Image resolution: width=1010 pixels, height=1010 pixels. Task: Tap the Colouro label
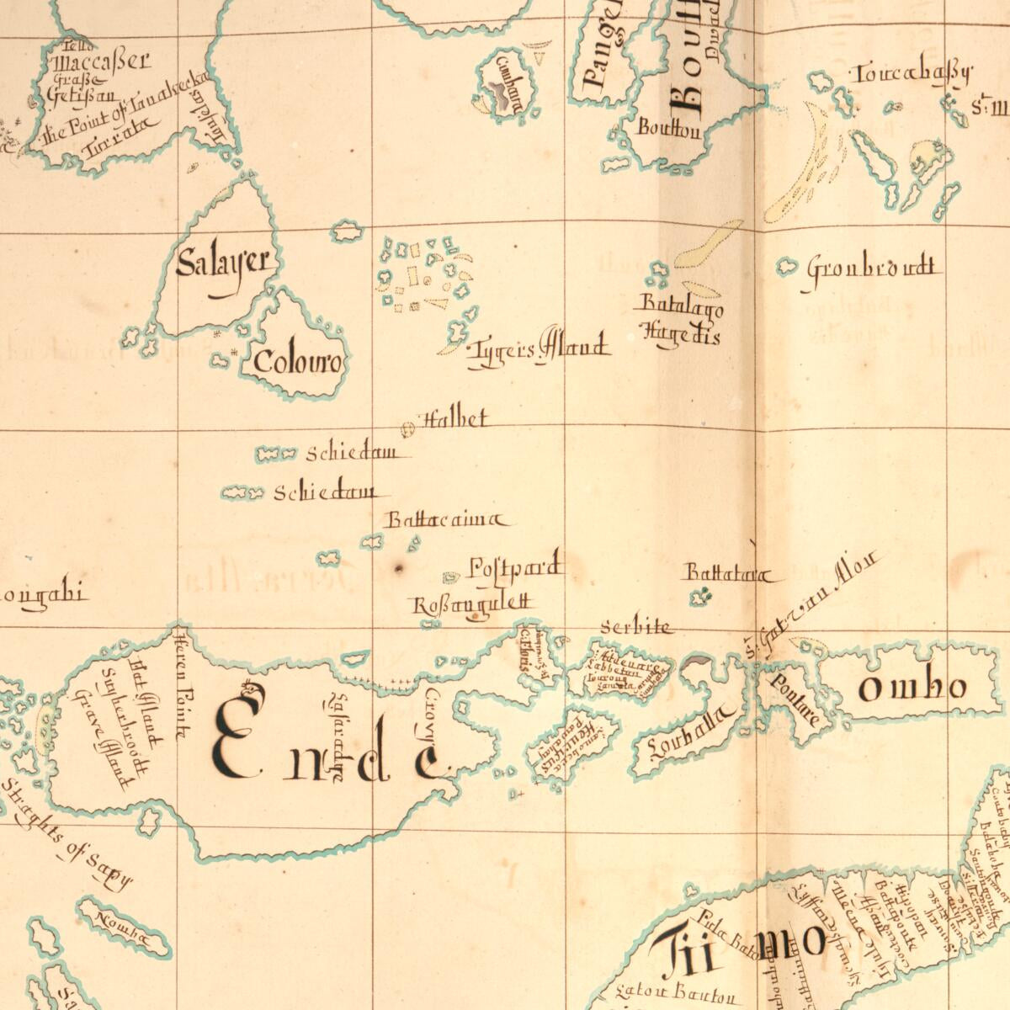pyautogui.click(x=298, y=364)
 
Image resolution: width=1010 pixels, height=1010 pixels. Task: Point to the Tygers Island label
pyautogui.click(x=539, y=348)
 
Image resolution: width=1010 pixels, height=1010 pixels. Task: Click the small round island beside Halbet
pyautogui.click(x=408, y=430)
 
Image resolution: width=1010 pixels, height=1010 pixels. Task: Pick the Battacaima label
pyautogui.click(x=446, y=520)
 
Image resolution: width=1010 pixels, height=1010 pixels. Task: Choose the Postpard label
pyautogui.click(x=514, y=568)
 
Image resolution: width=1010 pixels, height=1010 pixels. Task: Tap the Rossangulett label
pyautogui.click(x=472, y=603)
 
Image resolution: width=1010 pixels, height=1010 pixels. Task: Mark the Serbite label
pyautogui.click(x=637, y=627)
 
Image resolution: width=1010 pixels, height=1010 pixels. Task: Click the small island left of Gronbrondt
pyautogui.click(x=787, y=266)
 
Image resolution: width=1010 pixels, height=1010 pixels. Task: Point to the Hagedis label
pyautogui.click(x=682, y=334)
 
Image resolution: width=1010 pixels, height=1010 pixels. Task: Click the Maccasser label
pyautogui.click(x=102, y=61)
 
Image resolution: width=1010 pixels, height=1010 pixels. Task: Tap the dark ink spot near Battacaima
pyautogui.click(x=398, y=569)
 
